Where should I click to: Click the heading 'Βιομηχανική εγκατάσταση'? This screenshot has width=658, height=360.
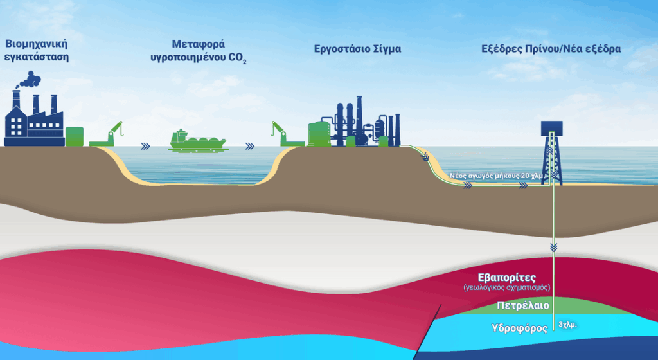pyautogui.click(x=37, y=50)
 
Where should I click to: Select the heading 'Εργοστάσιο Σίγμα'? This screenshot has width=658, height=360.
pyautogui.click(x=357, y=50)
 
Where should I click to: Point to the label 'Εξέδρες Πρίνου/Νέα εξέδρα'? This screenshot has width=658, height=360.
pyautogui.click(x=551, y=50)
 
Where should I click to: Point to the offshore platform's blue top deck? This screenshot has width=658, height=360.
pyautogui.click(x=552, y=127)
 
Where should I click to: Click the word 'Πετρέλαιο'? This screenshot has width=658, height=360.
pyautogui.click(x=523, y=305)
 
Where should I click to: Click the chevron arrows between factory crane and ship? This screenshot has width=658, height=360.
pyautogui.click(x=146, y=146)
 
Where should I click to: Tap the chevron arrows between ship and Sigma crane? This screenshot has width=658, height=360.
pyautogui.click(x=250, y=146)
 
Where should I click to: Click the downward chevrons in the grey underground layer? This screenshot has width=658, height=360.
pyautogui.click(x=553, y=247)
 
